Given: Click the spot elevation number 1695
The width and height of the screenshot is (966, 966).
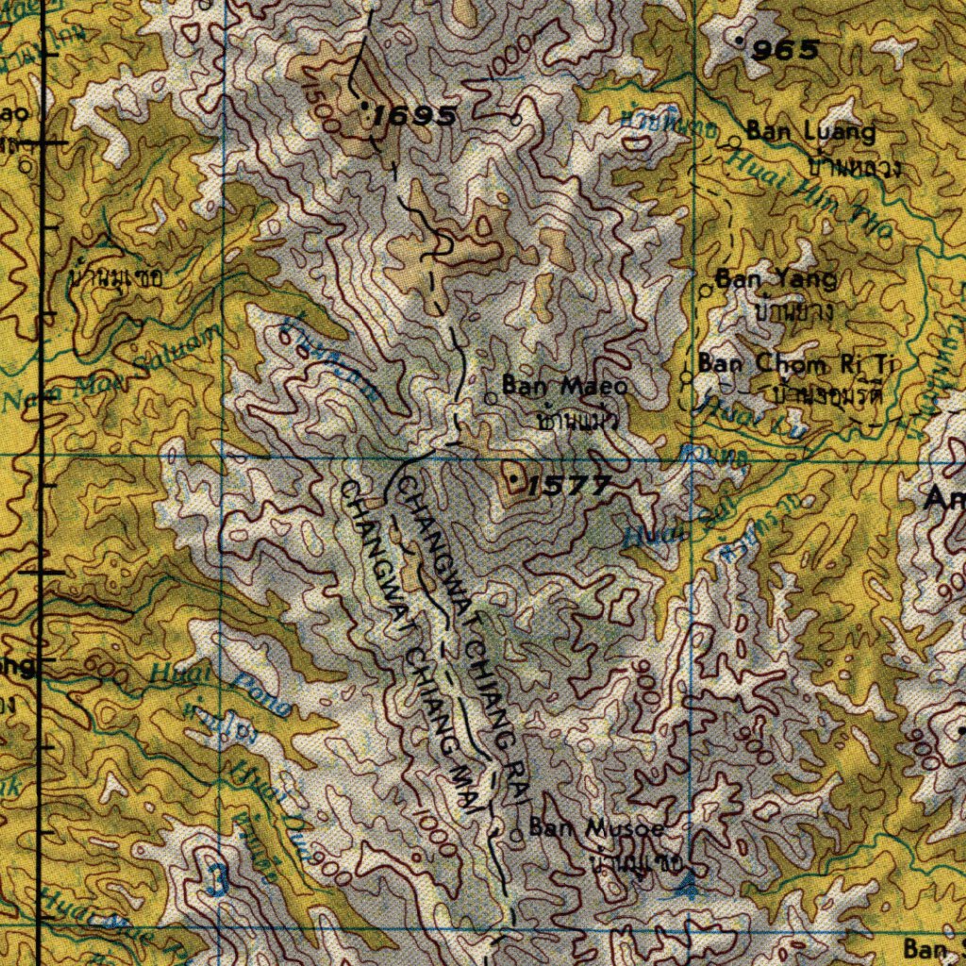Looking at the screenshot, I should click(415, 117).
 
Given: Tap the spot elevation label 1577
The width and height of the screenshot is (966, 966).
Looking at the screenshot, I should click(568, 487).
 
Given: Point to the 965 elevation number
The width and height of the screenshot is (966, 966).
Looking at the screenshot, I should click(785, 51).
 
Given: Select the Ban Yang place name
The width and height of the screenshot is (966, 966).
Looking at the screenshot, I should click(775, 279).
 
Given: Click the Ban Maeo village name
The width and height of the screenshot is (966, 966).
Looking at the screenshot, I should click(563, 386).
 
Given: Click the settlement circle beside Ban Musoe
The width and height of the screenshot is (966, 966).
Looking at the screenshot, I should click(516, 834).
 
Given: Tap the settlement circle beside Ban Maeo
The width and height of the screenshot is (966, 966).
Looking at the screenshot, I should click(491, 398).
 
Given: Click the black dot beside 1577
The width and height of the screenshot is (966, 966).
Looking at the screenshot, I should click(512, 482).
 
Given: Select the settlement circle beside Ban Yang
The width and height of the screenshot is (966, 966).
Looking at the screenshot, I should click(705, 291).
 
